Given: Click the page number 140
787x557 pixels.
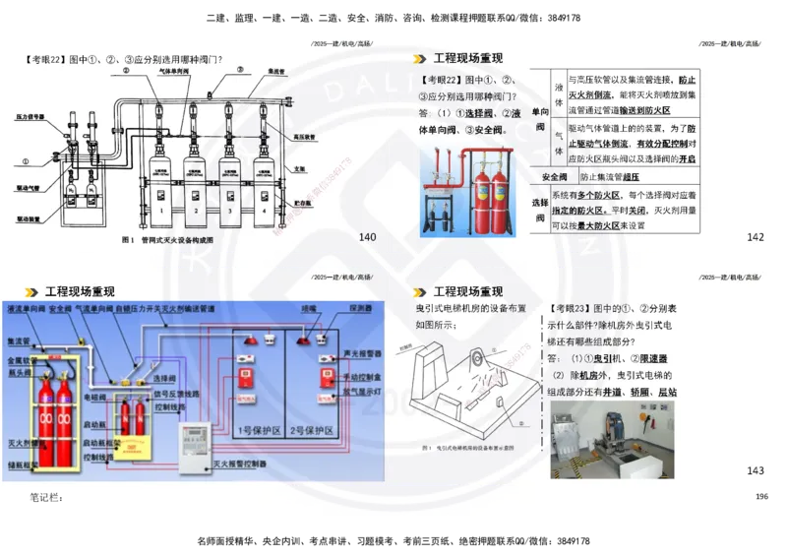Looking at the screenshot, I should (368, 237).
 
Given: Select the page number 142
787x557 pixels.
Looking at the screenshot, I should (756, 237).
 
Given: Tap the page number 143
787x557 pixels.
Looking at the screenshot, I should (756, 470).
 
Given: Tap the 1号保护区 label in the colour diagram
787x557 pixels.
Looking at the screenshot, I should (257, 429).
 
